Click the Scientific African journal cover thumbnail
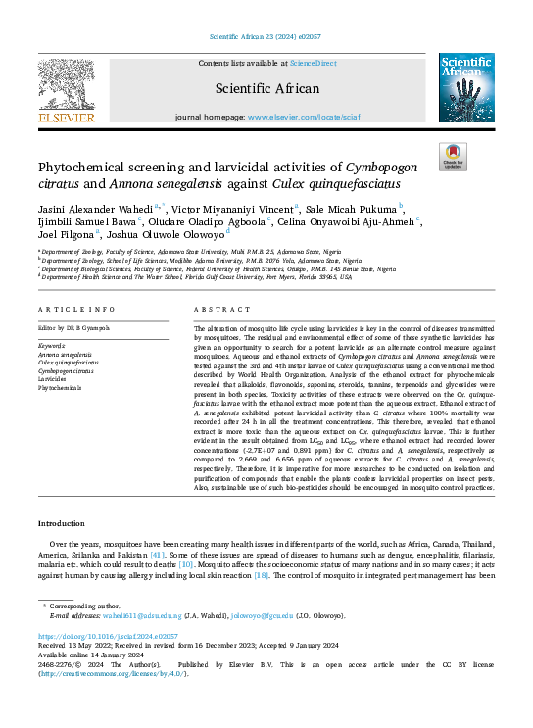pos(465,87)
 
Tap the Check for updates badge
pos(452,155)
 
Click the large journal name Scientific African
pos(266,89)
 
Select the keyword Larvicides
pos(54,378)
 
